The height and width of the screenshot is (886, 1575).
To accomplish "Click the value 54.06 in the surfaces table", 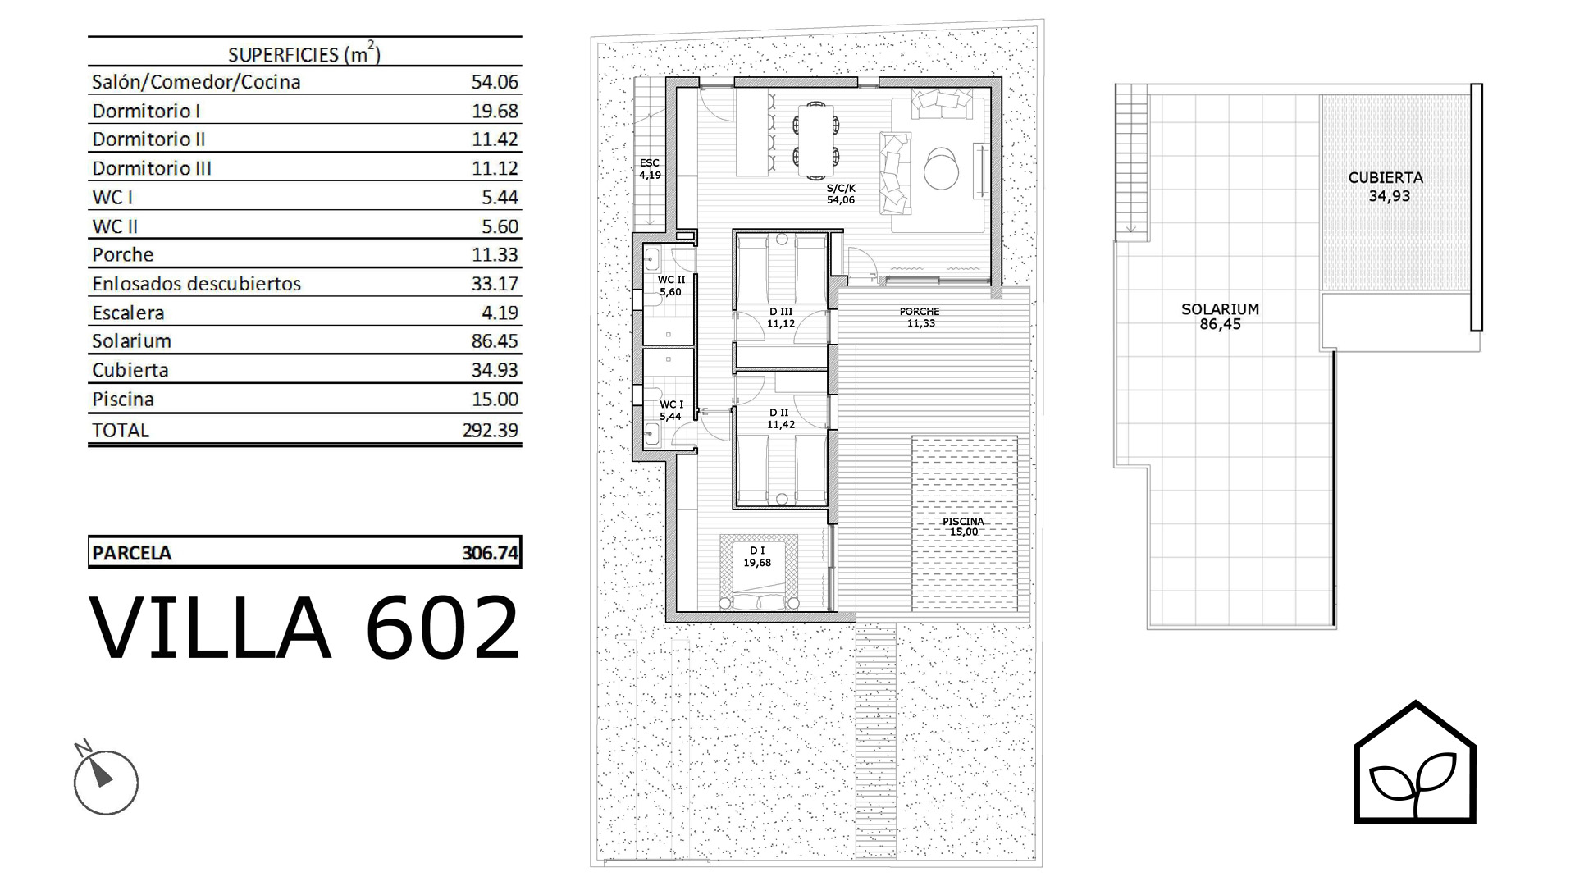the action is point(495,82).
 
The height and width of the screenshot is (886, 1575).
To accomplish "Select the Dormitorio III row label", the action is point(152,168).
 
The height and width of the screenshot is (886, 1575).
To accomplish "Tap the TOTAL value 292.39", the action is point(491,430).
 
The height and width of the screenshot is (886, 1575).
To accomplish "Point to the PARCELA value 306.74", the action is point(491,553).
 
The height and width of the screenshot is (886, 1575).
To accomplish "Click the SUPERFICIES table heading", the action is point(304,54).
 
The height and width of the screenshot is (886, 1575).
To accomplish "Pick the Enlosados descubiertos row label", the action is point(197,284).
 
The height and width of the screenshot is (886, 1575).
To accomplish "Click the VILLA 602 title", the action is point(304,628).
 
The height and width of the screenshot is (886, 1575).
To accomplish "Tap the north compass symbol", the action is point(105,779).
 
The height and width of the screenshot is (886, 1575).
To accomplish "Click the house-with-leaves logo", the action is point(1414,761).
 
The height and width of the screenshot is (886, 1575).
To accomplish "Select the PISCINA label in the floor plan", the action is point(963,521).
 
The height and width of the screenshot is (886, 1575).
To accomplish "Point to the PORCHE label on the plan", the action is point(920,312).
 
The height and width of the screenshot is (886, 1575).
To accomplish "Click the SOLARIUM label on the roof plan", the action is point(1220,309).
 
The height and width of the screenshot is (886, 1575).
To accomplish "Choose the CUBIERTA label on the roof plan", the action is point(1386,177).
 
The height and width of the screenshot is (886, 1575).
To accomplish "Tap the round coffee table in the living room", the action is point(941,169).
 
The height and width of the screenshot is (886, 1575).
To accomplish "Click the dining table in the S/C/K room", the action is point(816,140).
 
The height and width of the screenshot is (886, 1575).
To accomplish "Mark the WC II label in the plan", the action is point(670,280).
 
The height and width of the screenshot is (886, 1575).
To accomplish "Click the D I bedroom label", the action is point(757,550).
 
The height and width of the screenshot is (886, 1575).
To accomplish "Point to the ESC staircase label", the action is point(650,163).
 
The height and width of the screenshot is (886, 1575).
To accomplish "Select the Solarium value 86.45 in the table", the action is point(495,341).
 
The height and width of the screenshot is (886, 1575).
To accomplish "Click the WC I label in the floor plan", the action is point(671,404).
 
